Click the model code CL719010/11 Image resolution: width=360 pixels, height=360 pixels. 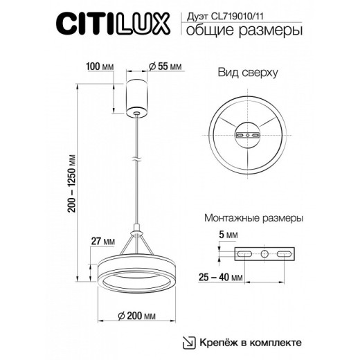[x=246, y=19]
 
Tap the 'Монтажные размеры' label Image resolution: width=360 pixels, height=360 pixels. [x=253, y=217]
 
